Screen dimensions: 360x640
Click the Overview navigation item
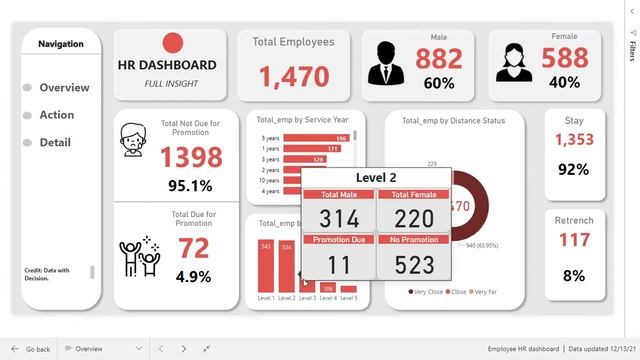coord(63,88)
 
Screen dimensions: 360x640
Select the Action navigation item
coord(56,115)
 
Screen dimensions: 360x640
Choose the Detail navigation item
coord(54,143)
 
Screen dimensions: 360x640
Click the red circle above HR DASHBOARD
coord(173,43)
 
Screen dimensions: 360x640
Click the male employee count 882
coord(439,59)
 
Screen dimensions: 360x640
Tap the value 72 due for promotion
coord(193,247)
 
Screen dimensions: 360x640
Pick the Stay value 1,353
coord(573,140)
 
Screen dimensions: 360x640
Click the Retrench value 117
coord(573,240)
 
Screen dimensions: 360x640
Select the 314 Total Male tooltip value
coord(338,218)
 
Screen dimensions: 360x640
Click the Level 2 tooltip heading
coord(376,177)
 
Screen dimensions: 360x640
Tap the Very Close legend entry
coord(425,292)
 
